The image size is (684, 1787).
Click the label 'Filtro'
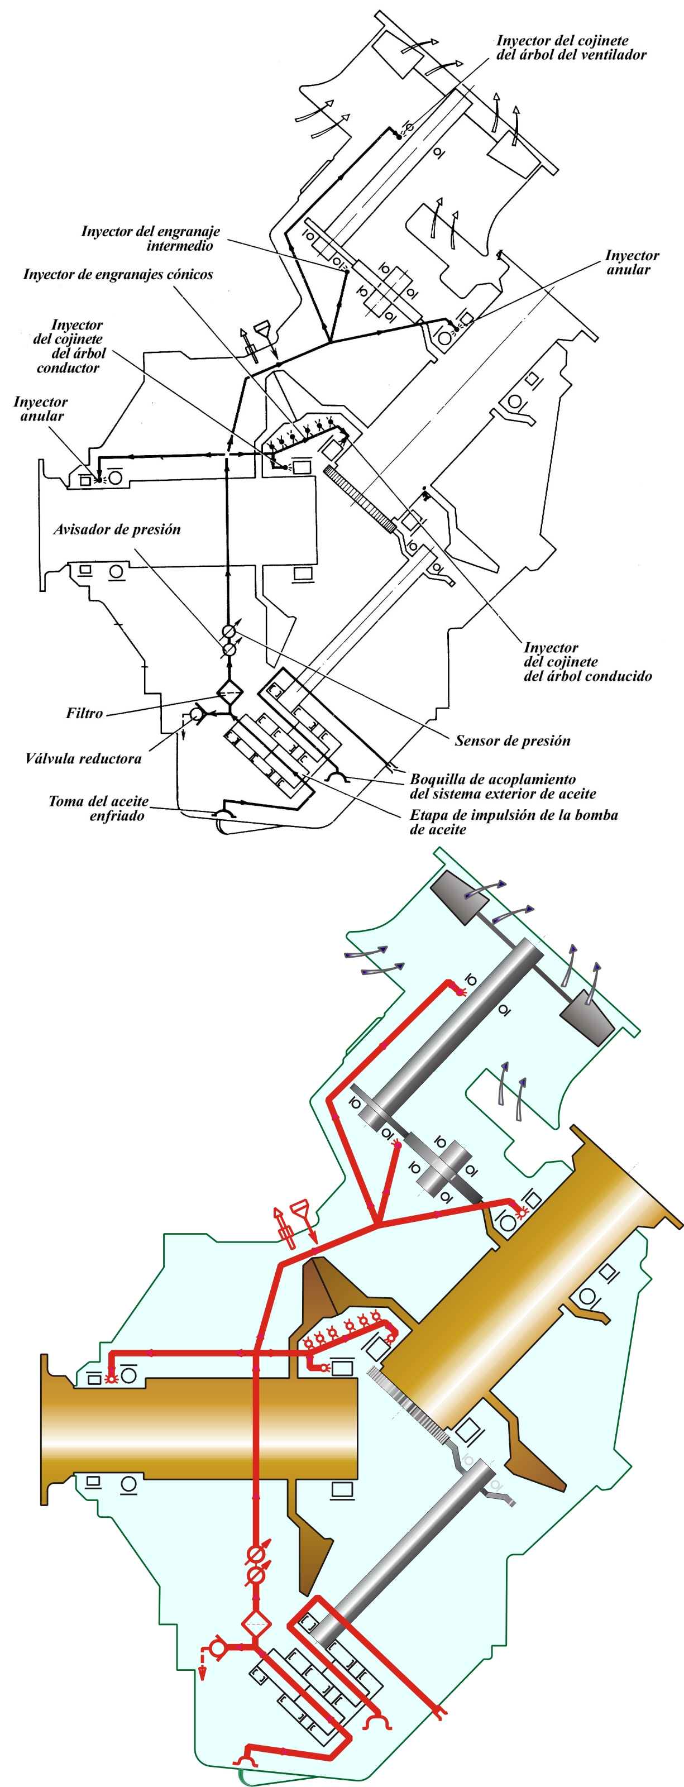84,713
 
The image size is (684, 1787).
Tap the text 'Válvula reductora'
83,758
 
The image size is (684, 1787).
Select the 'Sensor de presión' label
513,741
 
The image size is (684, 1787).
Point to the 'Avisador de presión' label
117,529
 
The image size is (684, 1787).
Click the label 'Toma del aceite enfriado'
98,809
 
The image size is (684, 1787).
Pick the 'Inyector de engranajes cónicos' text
118,275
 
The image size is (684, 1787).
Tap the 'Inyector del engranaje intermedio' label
151,238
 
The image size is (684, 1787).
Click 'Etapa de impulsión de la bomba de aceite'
513,822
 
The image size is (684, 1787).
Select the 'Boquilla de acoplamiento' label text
492,779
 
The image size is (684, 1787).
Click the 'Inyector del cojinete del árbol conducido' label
587,662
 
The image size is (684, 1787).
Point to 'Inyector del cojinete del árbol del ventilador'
571,47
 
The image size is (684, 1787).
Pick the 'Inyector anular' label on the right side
632,263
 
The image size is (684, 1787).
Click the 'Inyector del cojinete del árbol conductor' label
69,347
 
